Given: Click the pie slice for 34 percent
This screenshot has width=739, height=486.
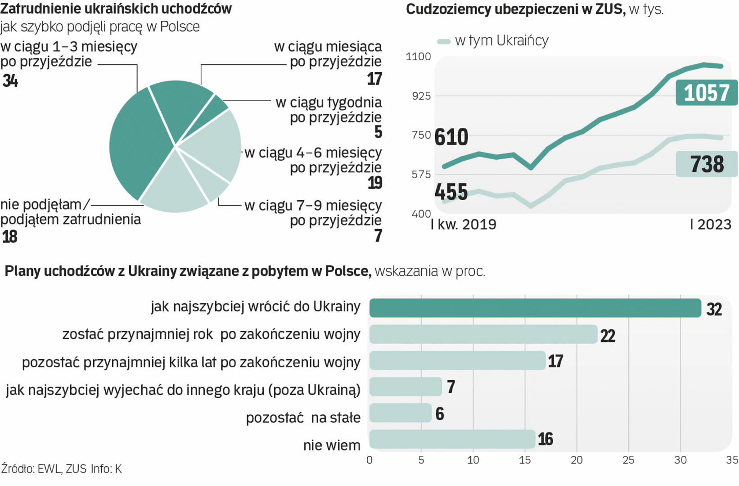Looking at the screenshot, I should pos(135,144).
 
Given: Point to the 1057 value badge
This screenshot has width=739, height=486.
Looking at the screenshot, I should pos(706,93).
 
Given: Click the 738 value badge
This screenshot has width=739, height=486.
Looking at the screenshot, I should pos(707,164).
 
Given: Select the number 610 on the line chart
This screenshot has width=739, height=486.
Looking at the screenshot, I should pos(451,137).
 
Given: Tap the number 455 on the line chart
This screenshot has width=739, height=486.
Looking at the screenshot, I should pos(451,192).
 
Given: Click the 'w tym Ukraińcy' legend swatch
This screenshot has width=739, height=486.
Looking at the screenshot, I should pos(444,41).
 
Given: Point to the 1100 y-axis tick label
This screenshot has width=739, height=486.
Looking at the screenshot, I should pos(418,57).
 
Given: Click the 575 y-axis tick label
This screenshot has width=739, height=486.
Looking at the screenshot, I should pos(421,175).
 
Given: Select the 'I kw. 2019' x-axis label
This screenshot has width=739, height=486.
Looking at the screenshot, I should pos(464,225).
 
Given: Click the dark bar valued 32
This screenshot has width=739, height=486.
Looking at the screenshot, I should pos(535,308).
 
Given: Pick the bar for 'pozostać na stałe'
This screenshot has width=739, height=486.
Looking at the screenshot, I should pos(400,413).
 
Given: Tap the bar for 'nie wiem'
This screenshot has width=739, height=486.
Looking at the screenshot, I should pos(452,439).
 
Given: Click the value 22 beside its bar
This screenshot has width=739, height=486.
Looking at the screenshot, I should pos(608,336).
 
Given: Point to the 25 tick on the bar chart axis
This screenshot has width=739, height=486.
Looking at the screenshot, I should pos(628,460).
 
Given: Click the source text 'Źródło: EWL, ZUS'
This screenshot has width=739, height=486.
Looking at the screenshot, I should pos(44,469).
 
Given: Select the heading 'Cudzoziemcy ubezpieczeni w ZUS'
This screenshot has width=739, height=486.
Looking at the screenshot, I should pos(515,9).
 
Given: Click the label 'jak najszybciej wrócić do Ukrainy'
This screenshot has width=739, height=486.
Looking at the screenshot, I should pos(255,307).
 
